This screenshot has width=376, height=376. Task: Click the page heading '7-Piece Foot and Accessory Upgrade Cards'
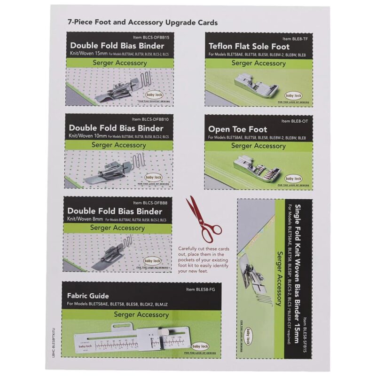(x=142, y=23)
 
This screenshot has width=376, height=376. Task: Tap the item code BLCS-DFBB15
(x=152, y=37)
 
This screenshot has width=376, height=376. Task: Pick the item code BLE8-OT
(x=296, y=121)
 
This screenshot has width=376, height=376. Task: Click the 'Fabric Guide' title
(x=88, y=296)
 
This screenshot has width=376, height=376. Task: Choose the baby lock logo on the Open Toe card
(x=294, y=179)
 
